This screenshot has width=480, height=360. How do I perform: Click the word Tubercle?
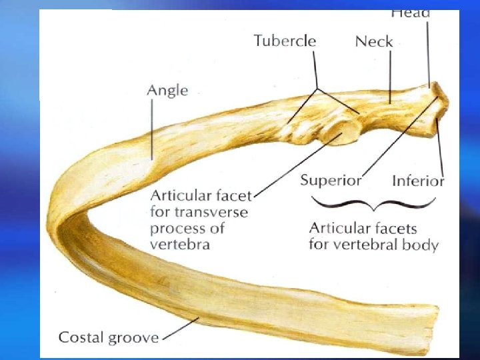pos(285,41)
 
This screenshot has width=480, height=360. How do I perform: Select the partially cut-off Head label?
pos(410,13)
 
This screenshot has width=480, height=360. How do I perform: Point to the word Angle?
pos(167,90)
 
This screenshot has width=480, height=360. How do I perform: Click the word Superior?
pos(331,180)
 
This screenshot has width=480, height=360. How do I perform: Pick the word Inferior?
pos(418,180)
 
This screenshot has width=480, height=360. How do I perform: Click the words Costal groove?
pos(109,337)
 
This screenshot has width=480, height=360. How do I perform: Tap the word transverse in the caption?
pos(214,212)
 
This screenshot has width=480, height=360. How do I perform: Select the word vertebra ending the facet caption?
pos(180,244)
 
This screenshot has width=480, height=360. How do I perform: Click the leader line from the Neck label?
pos(389,77)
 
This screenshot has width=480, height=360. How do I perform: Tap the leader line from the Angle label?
pos(153,130)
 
